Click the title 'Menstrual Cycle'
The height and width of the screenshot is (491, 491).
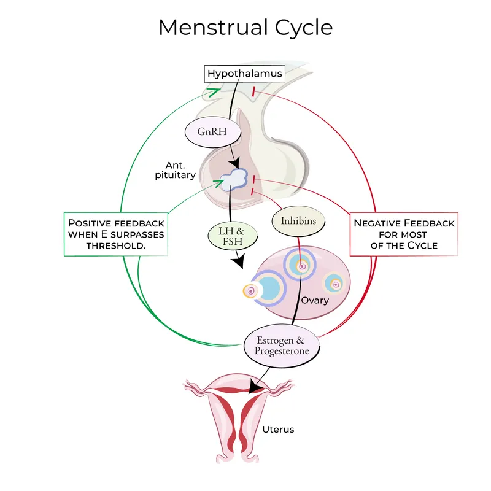(245, 28)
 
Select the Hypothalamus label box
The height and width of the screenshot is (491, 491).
(245, 74)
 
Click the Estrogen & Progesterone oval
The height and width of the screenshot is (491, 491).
(283, 346)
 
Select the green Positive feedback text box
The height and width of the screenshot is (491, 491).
(116, 234)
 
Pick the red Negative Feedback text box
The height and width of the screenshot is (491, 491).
(404, 234)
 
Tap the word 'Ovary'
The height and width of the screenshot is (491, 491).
(315, 301)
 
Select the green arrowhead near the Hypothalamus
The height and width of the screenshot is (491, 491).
(214, 92)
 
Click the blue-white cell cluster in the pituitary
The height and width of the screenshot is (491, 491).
(233, 180)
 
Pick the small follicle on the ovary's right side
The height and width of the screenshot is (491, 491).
(334, 284)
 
